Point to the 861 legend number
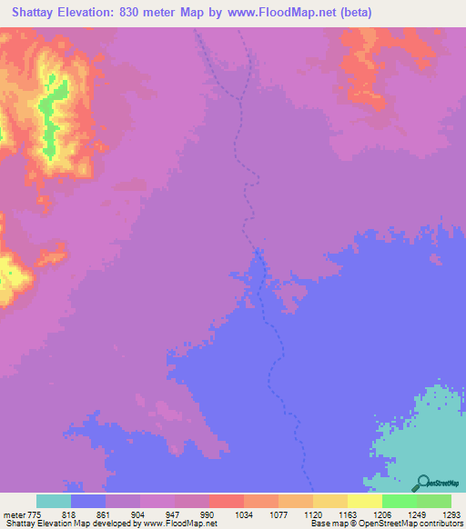click(x=105, y=514)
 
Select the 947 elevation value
click(x=174, y=514)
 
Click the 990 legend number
click(x=208, y=514)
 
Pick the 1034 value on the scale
click(x=243, y=514)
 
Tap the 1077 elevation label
click(x=278, y=514)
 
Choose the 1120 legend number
click(x=312, y=514)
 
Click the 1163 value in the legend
click(x=347, y=514)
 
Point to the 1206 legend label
click(x=381, y=514)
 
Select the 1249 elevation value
click(x=416, y=514)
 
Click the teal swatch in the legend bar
click(x=53, y=501)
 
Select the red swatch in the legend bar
click(x=226, y=501)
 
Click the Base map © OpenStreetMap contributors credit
click(x=385, y=524)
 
